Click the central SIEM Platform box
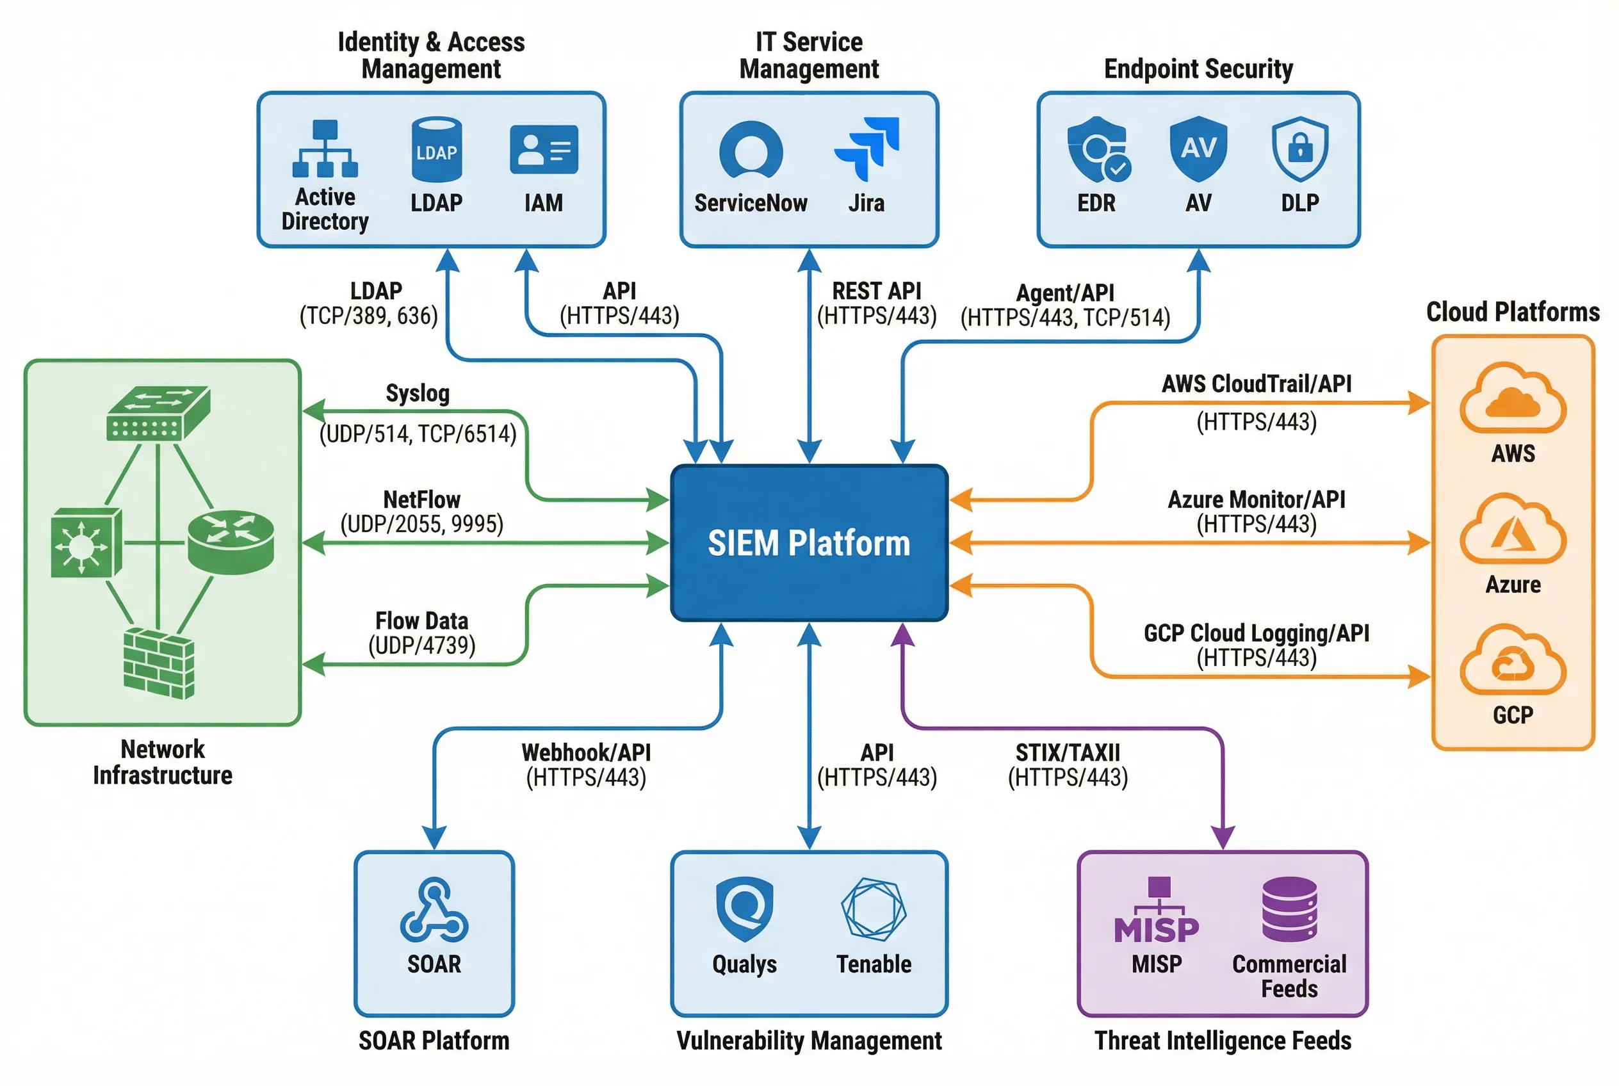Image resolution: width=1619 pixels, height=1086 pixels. (808, 542)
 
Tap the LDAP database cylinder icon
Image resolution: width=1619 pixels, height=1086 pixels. (435, 150)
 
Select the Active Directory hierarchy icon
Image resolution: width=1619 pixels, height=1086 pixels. (325, 149)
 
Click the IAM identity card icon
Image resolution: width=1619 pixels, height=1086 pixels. (544, 149)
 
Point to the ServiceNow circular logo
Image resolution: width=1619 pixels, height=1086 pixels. (751, 150)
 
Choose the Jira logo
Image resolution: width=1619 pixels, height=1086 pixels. (868, 147)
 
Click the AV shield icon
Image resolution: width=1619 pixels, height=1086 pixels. (1198, 148)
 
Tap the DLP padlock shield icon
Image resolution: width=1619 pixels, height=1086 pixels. (1299, 148)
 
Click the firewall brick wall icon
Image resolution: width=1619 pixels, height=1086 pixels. (159, 663)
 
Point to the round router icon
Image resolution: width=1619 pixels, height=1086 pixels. (231, 541)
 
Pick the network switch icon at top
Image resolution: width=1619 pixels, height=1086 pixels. (158, 413)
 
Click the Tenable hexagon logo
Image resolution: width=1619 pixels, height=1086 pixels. (874, 909)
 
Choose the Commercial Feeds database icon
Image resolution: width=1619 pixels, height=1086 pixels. (1289, 909)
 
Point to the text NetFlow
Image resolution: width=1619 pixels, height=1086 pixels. (421, 499)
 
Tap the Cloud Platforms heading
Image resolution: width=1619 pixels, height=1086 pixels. (1512, 312)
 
